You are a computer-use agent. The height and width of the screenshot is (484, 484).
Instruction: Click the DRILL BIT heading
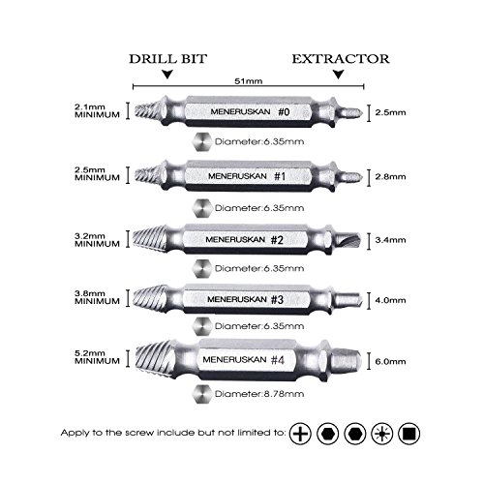point(167,59)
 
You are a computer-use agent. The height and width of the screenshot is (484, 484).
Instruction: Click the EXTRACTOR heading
point(341,59)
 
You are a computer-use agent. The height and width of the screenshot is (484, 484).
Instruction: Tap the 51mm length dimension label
point(248,81)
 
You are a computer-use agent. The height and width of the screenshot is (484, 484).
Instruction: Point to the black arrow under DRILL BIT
point(167,75)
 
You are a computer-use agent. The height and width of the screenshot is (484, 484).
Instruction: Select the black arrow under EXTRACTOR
point(338,75)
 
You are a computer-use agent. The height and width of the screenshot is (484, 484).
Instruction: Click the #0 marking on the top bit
point(284,112)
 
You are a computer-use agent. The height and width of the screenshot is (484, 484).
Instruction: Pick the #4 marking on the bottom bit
point(278,360)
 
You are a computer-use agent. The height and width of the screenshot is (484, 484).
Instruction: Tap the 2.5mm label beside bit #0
point(390,112)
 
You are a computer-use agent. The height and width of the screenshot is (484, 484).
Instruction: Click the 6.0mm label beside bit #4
point(390,361)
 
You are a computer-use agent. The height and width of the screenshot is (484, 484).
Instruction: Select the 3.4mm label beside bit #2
point(390,240)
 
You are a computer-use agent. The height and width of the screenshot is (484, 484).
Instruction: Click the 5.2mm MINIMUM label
point(97,357)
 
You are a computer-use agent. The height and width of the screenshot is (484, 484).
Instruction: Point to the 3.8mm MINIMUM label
point(97,297)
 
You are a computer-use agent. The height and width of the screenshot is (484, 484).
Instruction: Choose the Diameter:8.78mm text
point(259,394)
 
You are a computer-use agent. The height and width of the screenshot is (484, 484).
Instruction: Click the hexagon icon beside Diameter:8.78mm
point(202,394)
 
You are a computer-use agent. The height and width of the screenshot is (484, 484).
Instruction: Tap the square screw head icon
point(408,434)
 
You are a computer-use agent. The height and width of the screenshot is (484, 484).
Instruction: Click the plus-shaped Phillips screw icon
point(300,434)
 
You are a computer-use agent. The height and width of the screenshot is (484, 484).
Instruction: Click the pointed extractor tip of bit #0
point(352,112)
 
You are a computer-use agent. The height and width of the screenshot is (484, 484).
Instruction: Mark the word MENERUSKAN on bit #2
point(235,240)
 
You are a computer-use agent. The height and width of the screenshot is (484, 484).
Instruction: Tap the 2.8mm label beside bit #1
point(390,177)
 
